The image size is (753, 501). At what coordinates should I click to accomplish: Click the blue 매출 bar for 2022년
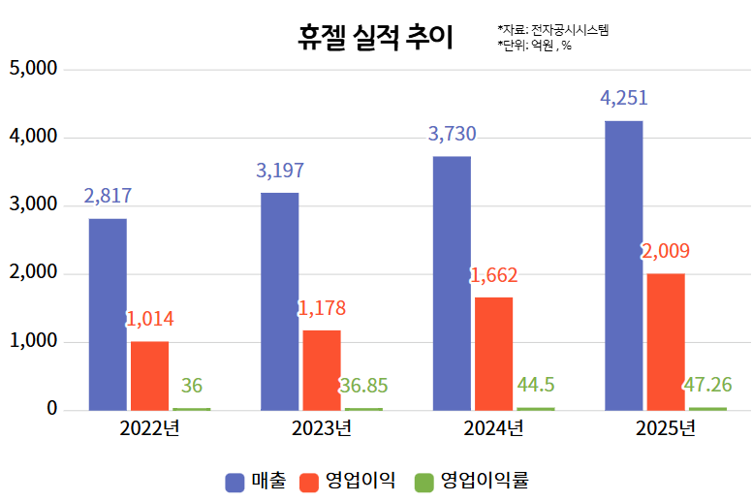(x=108, y=314)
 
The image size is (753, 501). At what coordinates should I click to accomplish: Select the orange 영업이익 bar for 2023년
(x=321, y=369)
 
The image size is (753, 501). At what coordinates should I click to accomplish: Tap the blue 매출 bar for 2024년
(x=452, y=283)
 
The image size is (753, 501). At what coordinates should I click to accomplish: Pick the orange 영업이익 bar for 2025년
(x=665, y=341)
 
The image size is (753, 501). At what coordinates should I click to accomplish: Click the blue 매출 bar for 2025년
(x=623, y=265)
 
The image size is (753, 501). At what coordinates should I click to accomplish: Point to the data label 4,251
(x=623, y=98)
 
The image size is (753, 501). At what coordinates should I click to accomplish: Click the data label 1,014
(x=149, y=319)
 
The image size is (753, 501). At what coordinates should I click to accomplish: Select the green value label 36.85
(x=363, y=386)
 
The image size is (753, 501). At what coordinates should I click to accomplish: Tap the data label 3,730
(x=452, y=134)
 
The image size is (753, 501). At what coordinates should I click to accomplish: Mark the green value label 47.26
(x=707, y=385)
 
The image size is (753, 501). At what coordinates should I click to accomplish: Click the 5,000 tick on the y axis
(x=34, y=70)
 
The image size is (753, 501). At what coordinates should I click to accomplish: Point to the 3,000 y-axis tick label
(x=34, y=205)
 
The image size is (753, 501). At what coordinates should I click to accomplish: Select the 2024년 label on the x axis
(x=493, y=427)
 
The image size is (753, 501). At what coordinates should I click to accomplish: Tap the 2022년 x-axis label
(x=149, y=427)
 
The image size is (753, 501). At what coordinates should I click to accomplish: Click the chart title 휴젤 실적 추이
(x=375, y=37)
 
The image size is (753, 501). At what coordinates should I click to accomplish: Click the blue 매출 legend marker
(x=235, y=481)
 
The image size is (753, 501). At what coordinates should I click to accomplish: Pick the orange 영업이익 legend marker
(x=310, y=481)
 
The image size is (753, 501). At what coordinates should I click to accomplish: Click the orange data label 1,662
(x=493, y=275)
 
